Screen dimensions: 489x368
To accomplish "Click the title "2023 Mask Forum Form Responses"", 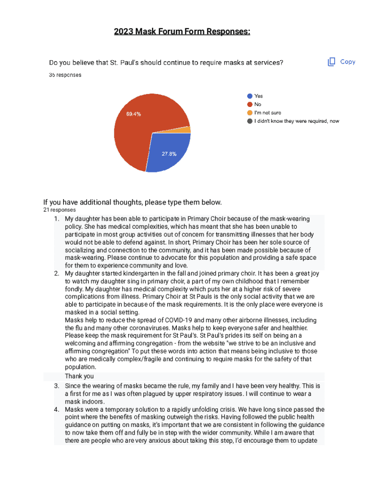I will (x=182, y=32).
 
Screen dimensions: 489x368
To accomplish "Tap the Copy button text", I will (x=347, y=62).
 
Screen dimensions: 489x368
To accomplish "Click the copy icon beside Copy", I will (x=332, y=62).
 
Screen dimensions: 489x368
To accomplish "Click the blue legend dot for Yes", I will (x=249, y=96).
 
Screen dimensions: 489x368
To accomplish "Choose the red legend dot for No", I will (x=249, y=104).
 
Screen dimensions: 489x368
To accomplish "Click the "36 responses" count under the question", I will (x=65, y=75).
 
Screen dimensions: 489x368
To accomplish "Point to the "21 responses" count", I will (x=59, y=210).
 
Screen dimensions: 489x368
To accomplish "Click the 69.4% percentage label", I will (x=133, y=114).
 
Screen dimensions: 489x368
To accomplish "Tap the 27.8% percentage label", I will (x=169, y=154).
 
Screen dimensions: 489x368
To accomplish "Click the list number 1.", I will (x=56, y=219).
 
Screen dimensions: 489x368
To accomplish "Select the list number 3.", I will (x=56, y=385).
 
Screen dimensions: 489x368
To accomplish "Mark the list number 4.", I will (x=56, y=409).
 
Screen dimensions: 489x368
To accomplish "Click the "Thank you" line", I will (x=79, y=376).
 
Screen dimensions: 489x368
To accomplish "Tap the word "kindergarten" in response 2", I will (x=130, y=274).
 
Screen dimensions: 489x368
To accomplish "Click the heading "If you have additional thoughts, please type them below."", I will (x=132, y=202).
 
